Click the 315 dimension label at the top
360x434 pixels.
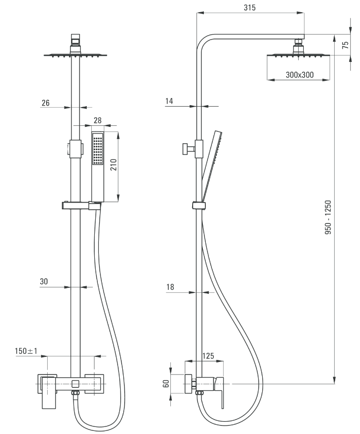click(249, 8)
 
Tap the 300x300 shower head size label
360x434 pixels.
click(300, 75)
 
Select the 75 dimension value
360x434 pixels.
click(345, 45)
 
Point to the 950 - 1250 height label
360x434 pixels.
click(328, 218)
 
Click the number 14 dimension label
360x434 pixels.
click(169, 101)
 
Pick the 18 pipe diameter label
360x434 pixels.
click(170, 287)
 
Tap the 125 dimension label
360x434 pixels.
click(208, 356)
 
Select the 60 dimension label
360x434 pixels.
click(166, 384)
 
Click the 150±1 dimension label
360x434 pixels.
click(26, 351)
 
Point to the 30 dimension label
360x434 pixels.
click(44, 282)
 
